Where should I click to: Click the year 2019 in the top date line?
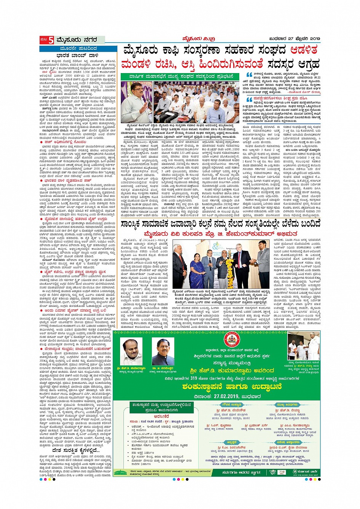(x=315, y=39)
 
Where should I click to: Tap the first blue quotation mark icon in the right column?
(x=249, y=75)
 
